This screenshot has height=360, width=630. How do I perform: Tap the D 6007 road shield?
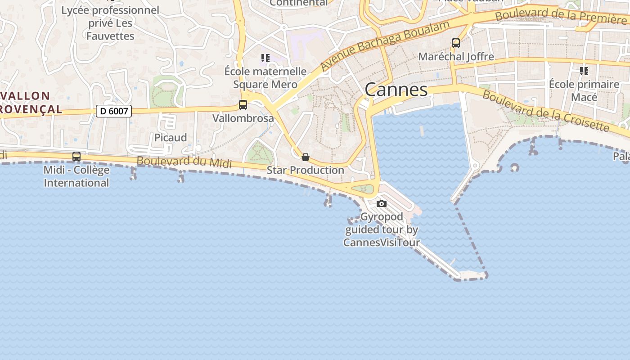pyautogui.click(x=113, y=111)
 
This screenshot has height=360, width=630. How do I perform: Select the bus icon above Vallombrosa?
pyautogui.click(x=243, y=105)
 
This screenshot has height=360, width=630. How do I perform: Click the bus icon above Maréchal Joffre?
pyautogui.click(x=456, y=43)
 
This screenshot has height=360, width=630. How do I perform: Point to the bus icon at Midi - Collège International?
pyautogui.click(x=76, y=157)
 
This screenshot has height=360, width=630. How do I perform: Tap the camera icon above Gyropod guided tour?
pyautogui.click(x=381, y=204)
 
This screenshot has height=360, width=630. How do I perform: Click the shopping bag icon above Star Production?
pyautogui.click(x=306, y=157)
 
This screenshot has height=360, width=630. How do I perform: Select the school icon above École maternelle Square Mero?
pyautogui.click(x=265, y=58)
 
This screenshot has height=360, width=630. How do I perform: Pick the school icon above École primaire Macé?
pyautogui.click(x=584, y=71)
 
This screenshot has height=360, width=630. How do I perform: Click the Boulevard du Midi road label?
pyautogui.click(x=184, y=162)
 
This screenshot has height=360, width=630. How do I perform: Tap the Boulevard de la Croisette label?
pyautogui.click(x=546, y=111)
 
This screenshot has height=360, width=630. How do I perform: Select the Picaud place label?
pyautogui.click(x=171, y=138)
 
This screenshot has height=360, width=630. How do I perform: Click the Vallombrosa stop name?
pyautogui.click(x=243, y=118)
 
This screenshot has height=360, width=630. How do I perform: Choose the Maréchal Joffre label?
pyautogui.click(x=456, y=57)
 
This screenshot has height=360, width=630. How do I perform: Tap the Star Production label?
pyautogui.click(x=305, y=170)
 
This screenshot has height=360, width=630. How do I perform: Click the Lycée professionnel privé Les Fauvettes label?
pyautogui.click(x=110, y=23)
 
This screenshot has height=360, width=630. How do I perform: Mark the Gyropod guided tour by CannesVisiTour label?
pyautogui.click(x=382, y=229)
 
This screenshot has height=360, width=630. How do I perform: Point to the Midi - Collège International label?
pyautogui.click(x=76, y=176)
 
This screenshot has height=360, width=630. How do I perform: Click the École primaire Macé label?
pyautogui.click(x=584, y=90)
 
